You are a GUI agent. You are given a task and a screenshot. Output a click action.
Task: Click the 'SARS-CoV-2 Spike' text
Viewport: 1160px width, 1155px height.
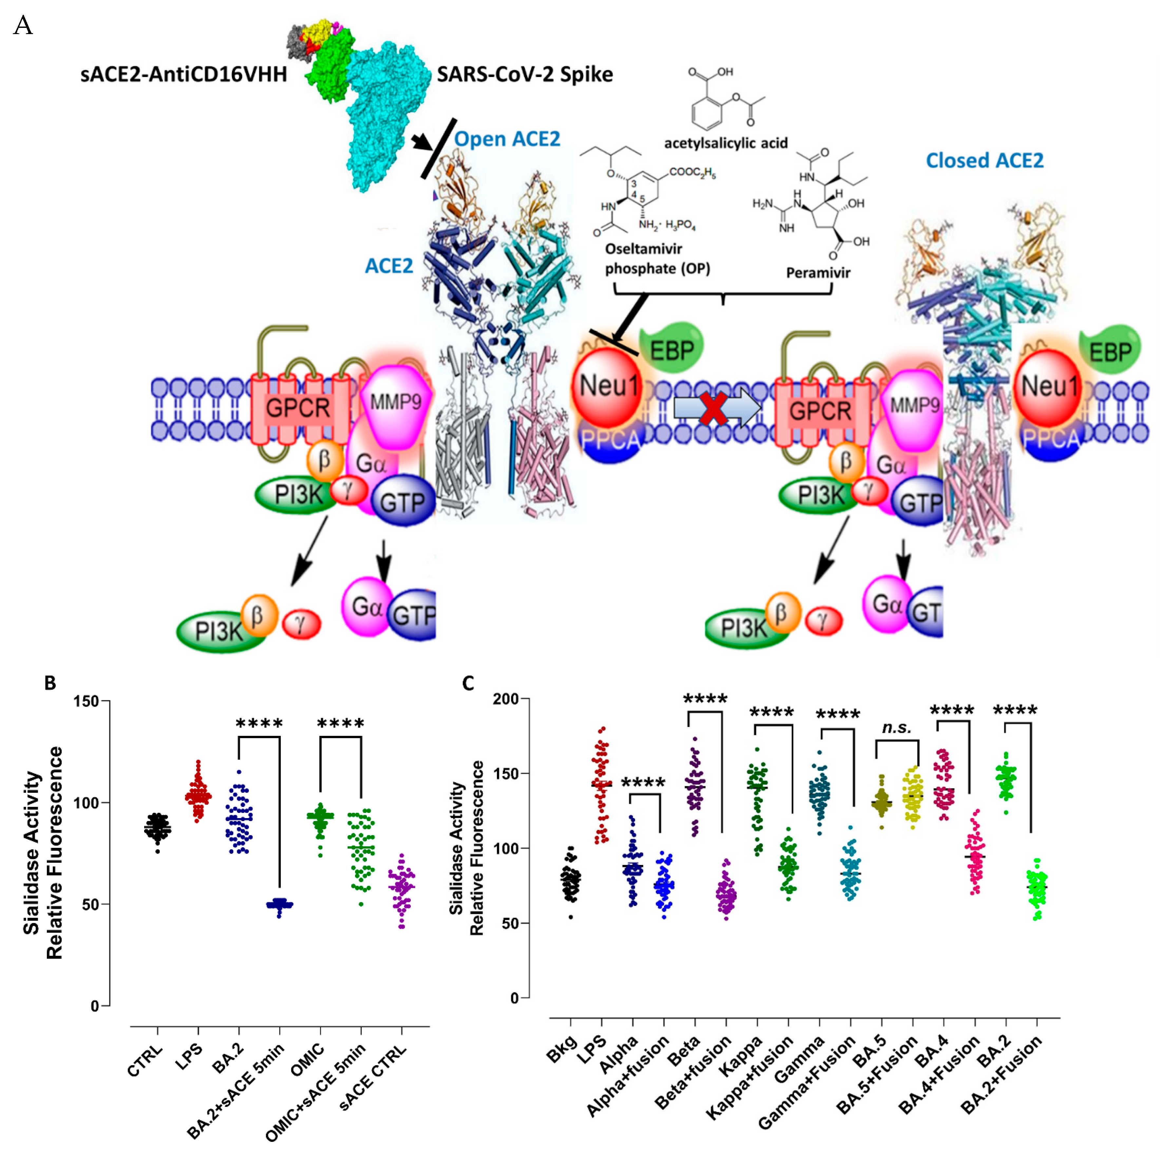tap(525, 74)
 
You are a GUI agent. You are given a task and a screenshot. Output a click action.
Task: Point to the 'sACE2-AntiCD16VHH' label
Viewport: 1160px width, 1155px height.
tap(184, 74)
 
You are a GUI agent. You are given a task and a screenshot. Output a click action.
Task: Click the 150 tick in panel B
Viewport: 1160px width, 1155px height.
tap(86, 701)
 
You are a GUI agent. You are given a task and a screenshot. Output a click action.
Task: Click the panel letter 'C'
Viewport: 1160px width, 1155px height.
tap(468, 683)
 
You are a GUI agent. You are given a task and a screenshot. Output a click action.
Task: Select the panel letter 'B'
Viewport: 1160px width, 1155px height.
tap(50, 683)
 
